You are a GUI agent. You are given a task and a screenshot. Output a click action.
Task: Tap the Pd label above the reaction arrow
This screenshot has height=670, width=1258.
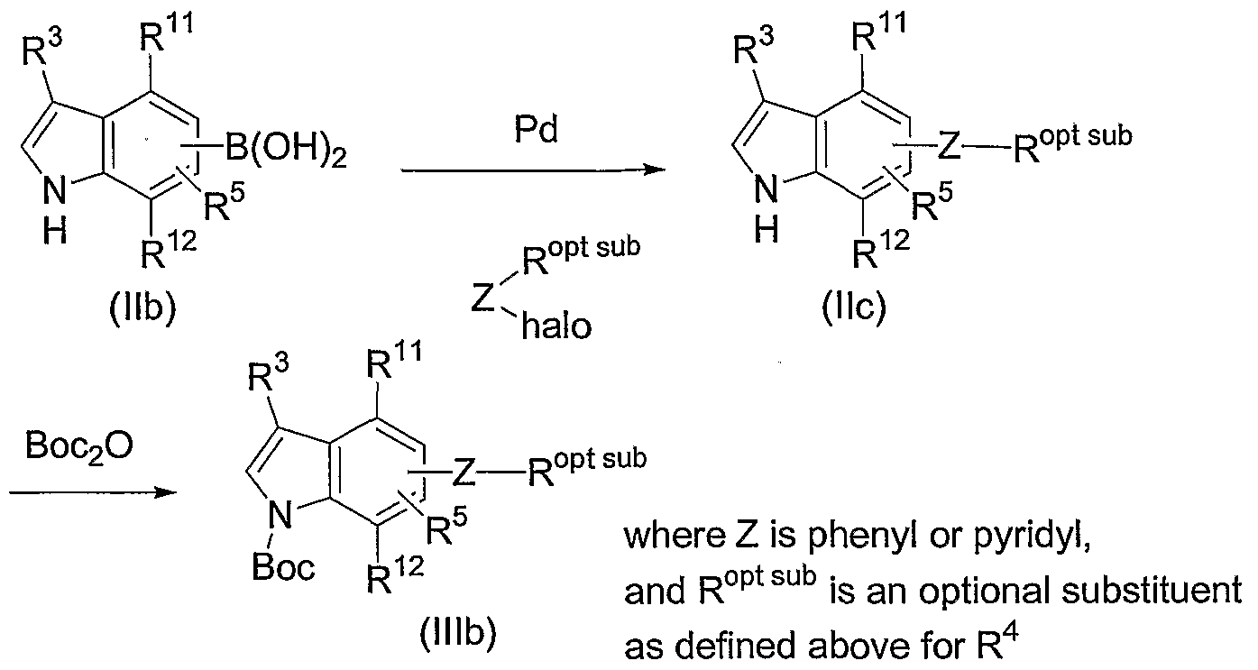coord(537,130)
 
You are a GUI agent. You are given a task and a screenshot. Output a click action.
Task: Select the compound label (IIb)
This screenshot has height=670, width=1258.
coord(142,307)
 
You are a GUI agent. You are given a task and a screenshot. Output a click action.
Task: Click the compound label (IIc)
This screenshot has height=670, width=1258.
coord(854,307)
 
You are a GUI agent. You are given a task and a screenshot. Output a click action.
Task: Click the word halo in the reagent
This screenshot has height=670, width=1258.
coord(556,326)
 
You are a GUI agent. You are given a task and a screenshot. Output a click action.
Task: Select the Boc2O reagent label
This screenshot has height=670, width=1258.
coord(79,448)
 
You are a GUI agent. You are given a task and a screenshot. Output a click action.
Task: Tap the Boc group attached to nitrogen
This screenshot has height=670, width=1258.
coord(283,566)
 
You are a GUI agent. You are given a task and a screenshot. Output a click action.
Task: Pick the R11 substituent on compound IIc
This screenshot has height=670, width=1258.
coord(878,32)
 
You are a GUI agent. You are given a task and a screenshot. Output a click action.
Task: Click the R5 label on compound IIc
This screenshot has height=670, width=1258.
coord(932,202)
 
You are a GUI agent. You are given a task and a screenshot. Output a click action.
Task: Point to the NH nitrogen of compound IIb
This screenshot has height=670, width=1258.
coord(55,191)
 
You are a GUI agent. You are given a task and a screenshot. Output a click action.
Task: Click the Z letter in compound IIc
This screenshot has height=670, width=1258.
coord(950,147)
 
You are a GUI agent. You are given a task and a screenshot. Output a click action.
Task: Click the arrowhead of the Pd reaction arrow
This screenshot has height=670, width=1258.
coord(655,170)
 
